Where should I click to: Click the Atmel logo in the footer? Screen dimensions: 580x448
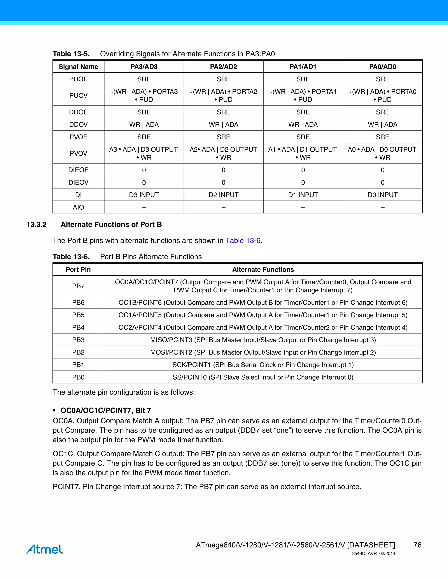pos(44,549)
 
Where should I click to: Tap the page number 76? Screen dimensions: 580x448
pos(417,545)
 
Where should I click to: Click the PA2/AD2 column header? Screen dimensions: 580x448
pos(224,67)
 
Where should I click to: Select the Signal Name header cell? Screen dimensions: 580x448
pos(78,67)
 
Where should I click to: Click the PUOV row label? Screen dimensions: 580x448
pos(78,96)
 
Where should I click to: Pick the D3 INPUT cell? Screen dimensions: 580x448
pos(144,195)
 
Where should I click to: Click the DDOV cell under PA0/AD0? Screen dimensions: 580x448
pos(382,125)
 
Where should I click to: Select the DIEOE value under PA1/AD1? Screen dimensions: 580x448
pos(303,170)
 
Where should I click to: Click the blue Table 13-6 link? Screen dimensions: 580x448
pos(243,241)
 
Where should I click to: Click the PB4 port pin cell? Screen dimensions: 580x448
pos(78,327)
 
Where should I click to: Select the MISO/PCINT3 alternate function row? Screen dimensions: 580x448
pos(263,340)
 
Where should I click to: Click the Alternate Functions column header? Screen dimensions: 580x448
pos(263,270)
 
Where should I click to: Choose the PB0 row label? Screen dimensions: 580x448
pos(78,377)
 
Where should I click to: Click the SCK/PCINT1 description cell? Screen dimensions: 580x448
pos(263,365)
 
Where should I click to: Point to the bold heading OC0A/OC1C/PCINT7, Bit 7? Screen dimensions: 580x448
pos(106,411)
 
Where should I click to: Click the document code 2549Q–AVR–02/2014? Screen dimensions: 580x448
pos(373,554)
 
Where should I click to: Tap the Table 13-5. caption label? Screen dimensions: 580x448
pos(71,54)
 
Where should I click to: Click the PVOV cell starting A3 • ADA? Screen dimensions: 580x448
pos(144,153)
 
